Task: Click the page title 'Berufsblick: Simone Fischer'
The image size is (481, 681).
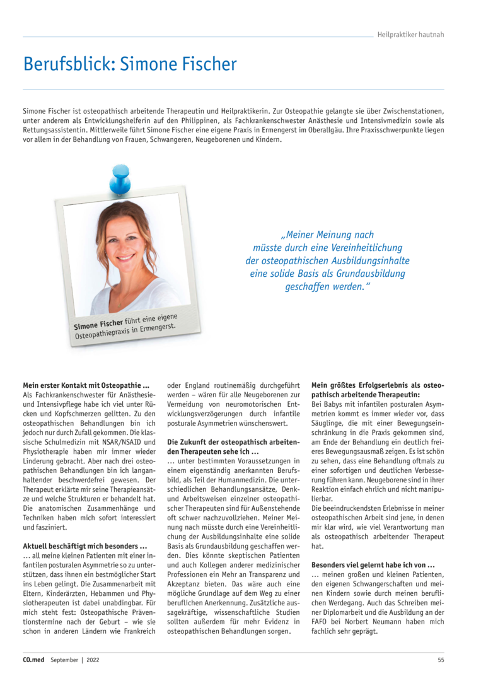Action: click(130, 64)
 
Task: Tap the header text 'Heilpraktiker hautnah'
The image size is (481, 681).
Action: click(410, 35)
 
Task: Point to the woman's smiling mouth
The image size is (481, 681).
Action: click(126, 257)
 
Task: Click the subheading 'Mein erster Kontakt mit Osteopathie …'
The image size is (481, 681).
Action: click(86, 385)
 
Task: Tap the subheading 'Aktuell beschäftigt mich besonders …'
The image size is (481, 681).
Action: click(85, 545)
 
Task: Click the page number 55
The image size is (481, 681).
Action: click(441, 660)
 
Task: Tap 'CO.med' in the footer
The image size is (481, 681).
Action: click(34, 660)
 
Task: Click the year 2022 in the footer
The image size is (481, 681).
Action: click(92, 660)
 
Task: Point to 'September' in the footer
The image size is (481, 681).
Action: click(65, 660)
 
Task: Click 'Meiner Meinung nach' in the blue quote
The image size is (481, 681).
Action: click(327, 235)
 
